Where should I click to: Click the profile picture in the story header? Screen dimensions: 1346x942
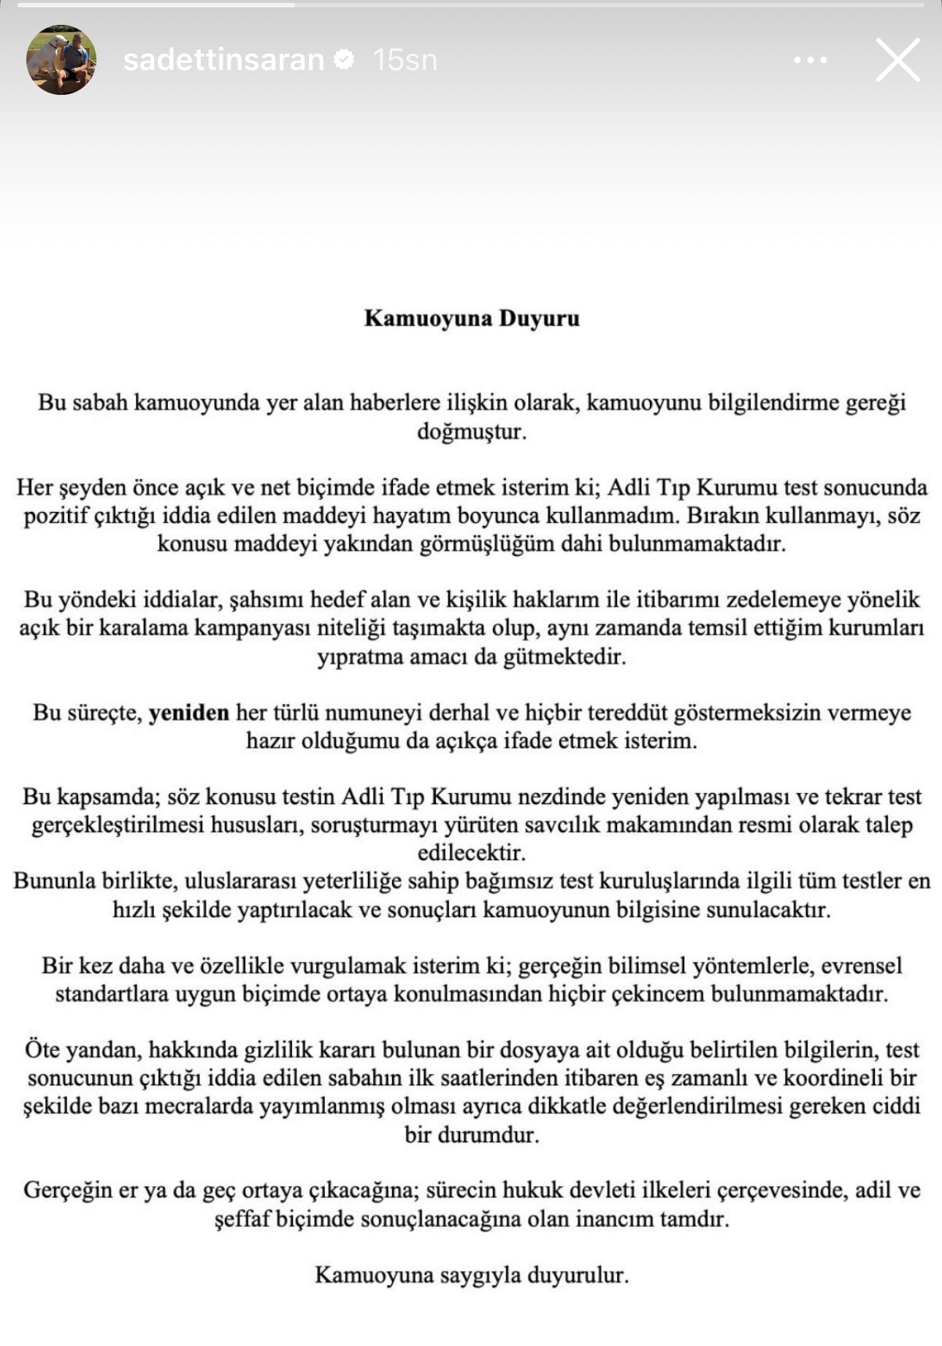point(61,60)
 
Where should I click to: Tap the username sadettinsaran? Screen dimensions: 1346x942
point(223,60)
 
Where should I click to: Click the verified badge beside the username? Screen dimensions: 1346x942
point(345,59)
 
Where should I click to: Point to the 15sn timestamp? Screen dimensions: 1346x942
point(405,60)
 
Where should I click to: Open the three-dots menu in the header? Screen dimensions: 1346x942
point(810,60)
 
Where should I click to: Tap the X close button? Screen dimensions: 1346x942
point(897,60)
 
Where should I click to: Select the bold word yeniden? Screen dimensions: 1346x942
point(188,712)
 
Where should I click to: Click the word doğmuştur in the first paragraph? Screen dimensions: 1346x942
point(472,431)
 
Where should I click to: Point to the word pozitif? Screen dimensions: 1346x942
point(56,516)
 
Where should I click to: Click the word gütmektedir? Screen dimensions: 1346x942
point(564,657)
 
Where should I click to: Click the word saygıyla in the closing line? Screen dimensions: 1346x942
point(480,1275)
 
